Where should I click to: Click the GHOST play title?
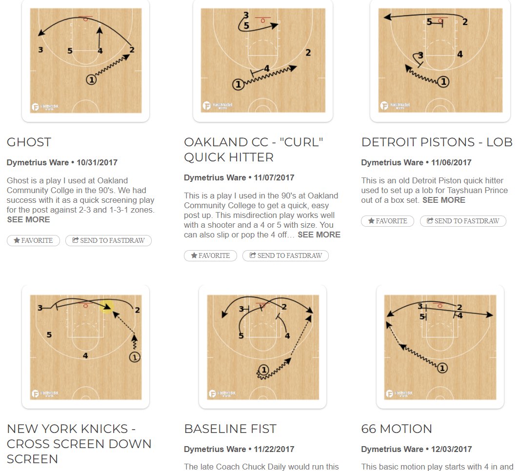click(29, 142)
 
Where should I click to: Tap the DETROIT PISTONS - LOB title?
click(437, 142)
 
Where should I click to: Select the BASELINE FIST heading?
click(230, 429)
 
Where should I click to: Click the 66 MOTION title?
click(396, 429)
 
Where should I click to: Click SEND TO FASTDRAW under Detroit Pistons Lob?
click(463, 221)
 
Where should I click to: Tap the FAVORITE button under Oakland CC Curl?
click(210, 255)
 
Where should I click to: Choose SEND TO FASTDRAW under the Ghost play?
click(108, 240)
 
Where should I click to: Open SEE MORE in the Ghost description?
click(28, 219)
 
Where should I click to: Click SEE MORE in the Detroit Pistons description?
click(443, 200)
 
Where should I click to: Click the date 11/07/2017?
click(274, 177)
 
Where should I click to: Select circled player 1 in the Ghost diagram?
click(91, 79)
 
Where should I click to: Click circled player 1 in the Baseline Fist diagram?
click(263, 371)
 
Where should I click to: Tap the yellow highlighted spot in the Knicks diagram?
click(107, 306)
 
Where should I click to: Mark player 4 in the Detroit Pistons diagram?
click(460, 55)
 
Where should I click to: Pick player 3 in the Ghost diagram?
click(40, 50)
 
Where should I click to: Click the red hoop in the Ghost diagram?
click(86, 19)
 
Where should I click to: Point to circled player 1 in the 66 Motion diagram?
click(442, 368)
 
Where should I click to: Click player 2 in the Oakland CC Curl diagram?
click(308, 53)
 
